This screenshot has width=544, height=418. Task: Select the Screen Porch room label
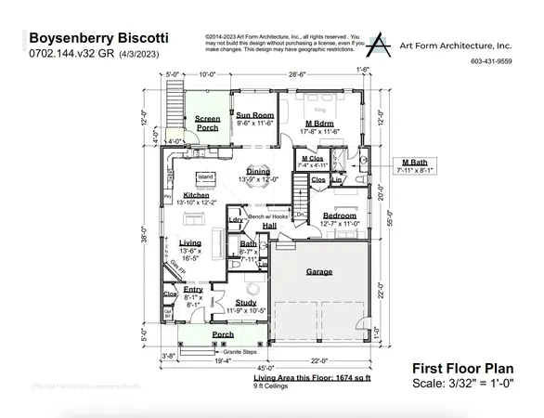206,122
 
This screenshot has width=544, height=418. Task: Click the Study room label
245,303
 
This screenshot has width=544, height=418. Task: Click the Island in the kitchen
205,176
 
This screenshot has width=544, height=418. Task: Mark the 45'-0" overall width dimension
265,367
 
